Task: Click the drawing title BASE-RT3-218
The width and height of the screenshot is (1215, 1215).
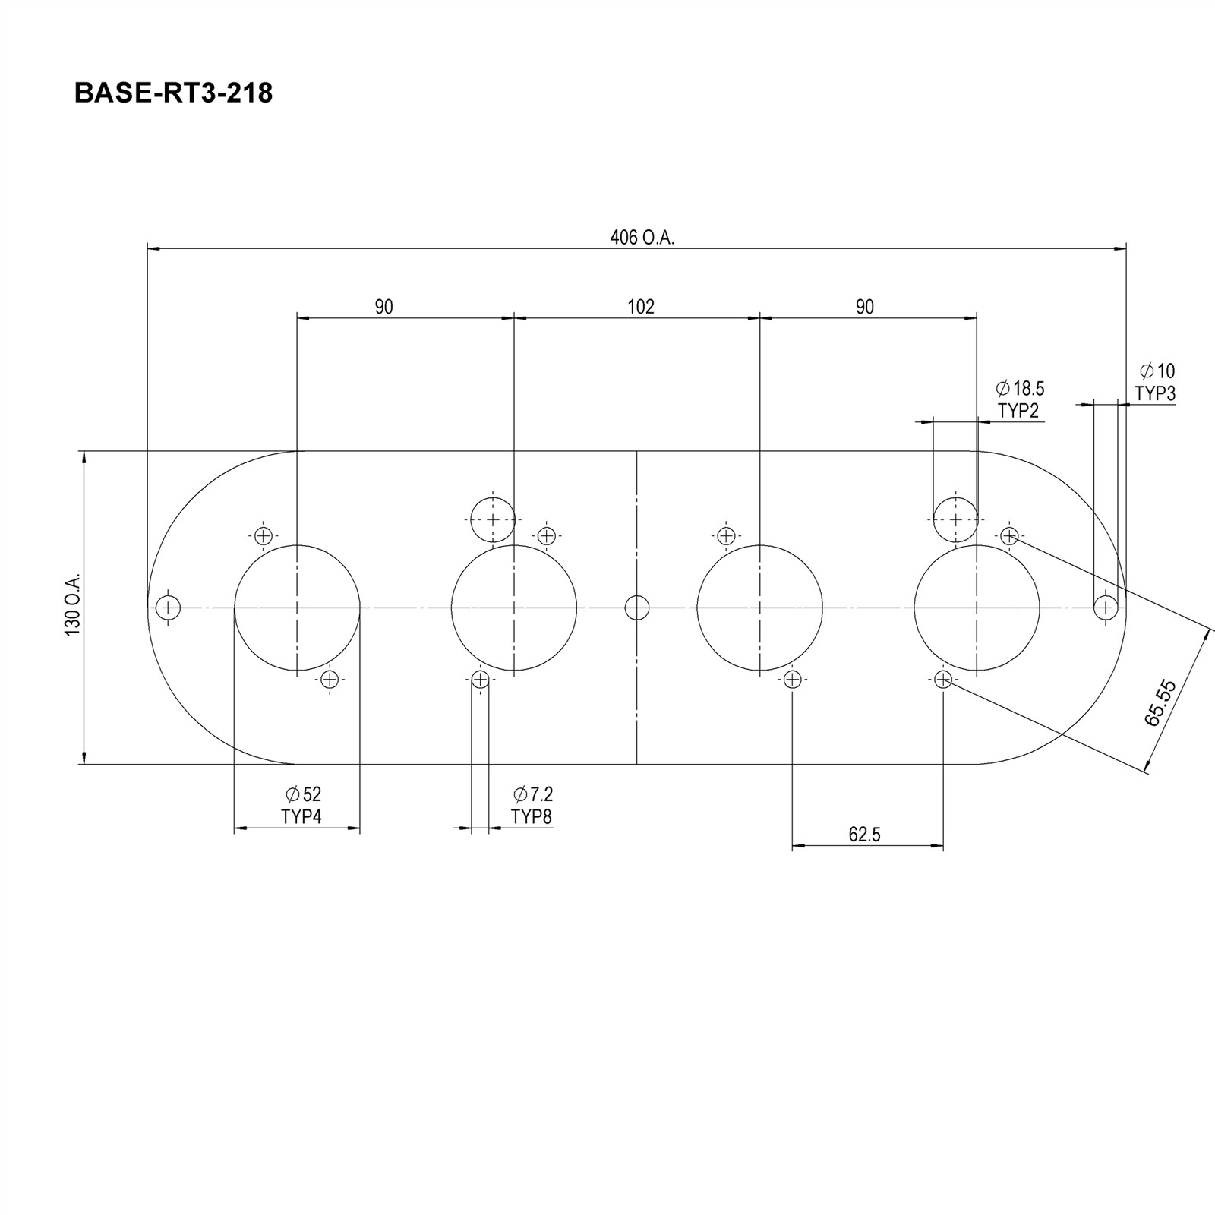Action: pyautogui.click(x=173, y=93)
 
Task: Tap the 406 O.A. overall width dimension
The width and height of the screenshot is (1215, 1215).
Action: pyautogui.click(x=642, y=238)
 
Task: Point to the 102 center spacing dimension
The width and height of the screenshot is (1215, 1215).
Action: pyautogui.click(x=641, y=307)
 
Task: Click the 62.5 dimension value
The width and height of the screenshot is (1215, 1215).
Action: pyautogui.click(x=864, y=835)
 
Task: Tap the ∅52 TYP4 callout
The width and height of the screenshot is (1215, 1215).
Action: pyautogui.click(x=302, y=806)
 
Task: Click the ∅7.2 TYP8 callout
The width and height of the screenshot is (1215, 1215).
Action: pyautogui.click(x=532, y=806)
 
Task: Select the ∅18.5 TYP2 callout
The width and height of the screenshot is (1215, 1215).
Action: pyautogui.click(x=1020, y=399)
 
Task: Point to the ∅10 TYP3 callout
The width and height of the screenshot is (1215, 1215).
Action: pyautogui.click(x=1156, y=382)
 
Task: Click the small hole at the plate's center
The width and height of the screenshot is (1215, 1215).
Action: pyautogui.click(x=637, y=607)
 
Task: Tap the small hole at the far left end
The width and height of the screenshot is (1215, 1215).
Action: pyautogui.click(x=168, y=607)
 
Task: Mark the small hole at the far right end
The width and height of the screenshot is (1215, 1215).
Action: pyautogui.click(x=1106, y=607)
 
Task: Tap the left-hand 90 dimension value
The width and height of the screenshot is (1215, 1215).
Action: pyautogui.click(x=384, y=307)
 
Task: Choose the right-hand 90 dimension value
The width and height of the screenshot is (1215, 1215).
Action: pyautogui.click(x=865, y=307)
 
